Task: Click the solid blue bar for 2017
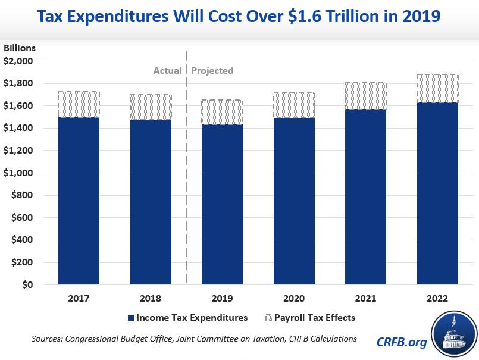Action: (79, 201)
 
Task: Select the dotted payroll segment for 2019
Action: (223, 112)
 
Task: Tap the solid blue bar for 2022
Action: (438, 194)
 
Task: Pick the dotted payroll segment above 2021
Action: (366, 96)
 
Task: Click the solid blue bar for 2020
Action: (294, 201)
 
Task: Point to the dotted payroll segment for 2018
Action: (151, 107)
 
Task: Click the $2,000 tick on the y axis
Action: (20, 61)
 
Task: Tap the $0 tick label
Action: (27, 285)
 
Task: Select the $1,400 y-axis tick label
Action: (20, 128)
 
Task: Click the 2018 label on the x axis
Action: (151, 298)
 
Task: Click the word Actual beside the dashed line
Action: (168, 71)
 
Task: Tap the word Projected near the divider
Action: (212, 71)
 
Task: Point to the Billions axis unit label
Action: (20, 48)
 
